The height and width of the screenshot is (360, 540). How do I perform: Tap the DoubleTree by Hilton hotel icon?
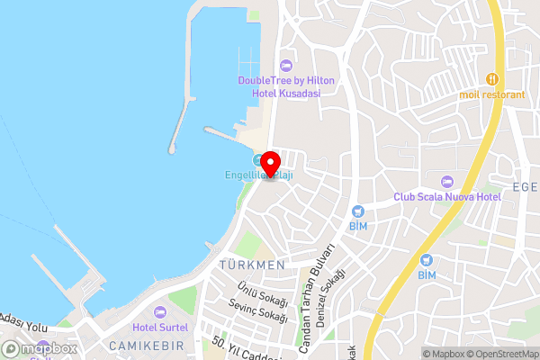[x=286, y=65]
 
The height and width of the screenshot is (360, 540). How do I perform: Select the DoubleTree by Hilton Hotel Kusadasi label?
[x=286, y=86]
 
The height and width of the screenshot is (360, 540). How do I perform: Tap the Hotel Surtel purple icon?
[x=161, y=311]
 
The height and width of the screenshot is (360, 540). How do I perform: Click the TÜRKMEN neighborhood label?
[x=251, y=265]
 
